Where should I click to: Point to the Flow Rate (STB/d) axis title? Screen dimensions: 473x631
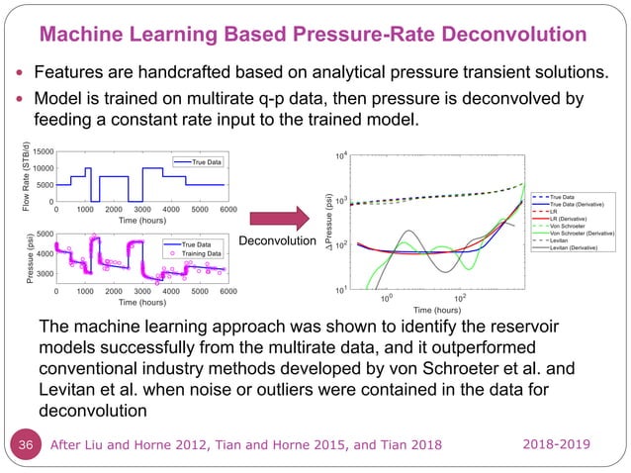18,177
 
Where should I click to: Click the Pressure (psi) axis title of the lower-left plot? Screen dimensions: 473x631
18,258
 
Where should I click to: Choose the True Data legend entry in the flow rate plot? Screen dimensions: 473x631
201,161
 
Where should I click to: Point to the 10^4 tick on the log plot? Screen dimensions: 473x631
339,156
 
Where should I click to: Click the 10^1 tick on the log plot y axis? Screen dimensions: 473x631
339,290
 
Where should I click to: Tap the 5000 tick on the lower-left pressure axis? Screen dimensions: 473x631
43,235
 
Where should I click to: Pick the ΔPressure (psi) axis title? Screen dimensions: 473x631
329,223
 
